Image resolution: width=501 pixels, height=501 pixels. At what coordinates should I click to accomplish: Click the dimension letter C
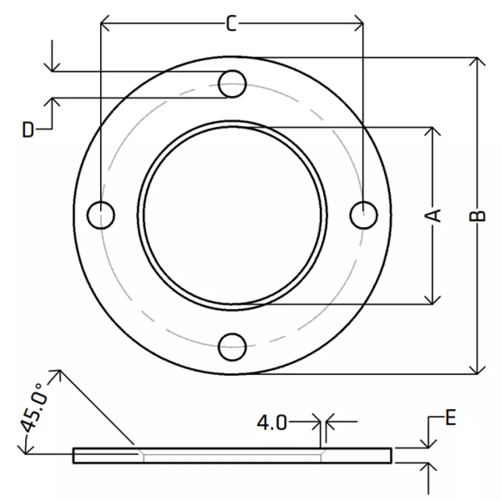point(231,23)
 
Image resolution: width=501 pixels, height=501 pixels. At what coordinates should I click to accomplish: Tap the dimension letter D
point(28,129)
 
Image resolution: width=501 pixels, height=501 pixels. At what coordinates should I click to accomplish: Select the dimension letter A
point(433,216)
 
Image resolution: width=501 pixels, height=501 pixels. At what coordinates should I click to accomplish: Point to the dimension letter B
point(478,216)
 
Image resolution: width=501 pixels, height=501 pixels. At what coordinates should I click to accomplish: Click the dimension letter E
point(450,417)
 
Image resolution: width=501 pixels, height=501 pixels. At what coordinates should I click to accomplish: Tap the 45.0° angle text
point(34,408)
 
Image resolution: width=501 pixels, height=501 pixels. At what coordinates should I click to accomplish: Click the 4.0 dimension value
point(272,423)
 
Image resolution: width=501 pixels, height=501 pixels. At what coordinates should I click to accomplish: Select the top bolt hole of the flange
point(232,83)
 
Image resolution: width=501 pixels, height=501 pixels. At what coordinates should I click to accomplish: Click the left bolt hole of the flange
point(101,215)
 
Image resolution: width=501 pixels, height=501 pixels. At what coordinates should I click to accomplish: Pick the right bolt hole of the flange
point(364,215)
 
